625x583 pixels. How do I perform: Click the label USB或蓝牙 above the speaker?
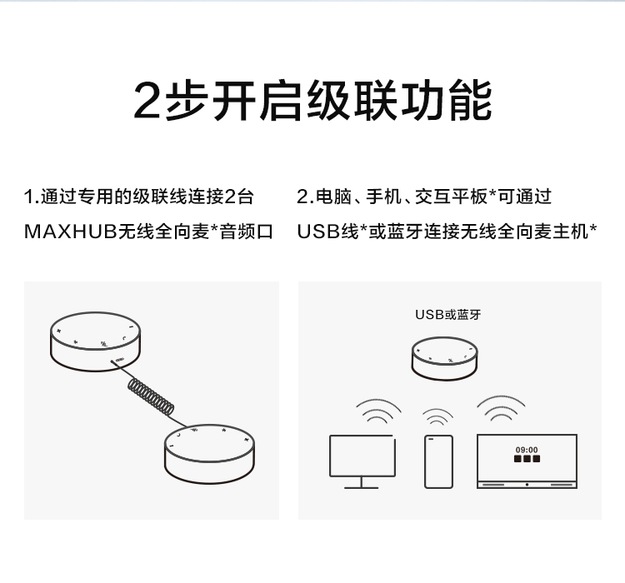[x=447, y=315]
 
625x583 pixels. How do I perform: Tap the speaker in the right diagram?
[x=447, y=357]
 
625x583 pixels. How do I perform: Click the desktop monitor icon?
[x=362, y=456]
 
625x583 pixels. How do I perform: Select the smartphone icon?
[x=438, y=461]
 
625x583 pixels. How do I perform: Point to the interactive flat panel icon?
[x=527, y=460]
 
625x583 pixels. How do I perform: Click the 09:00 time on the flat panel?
[x=527, y=450]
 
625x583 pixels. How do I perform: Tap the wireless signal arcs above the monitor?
[x=379, y=411]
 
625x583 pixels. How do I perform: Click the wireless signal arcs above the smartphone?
[x=437, y=416]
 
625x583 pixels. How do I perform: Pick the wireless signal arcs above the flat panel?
[x=501, y=407]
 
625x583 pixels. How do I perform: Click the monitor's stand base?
[x=362, y=486]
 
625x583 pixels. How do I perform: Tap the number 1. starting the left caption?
[x=32, y=197]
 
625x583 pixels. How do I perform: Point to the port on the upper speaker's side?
[x=122, y=360]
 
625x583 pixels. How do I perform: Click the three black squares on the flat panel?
[x=527, y=459]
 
